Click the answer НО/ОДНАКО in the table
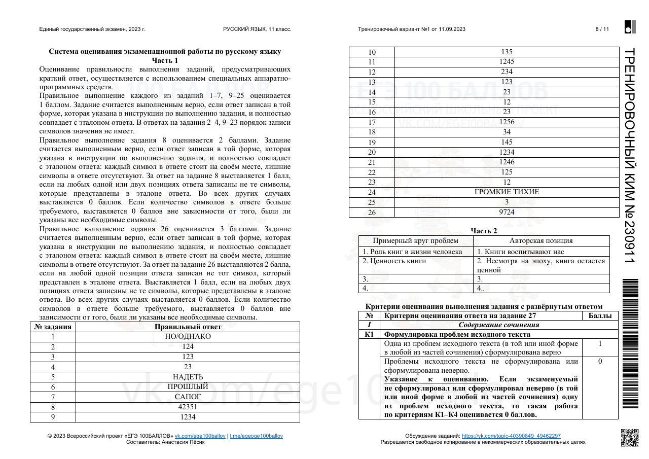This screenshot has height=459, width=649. click(x=188, y=336)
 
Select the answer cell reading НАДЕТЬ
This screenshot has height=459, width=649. click(x=188, y=377)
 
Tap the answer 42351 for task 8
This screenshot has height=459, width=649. click(x=188, y=407)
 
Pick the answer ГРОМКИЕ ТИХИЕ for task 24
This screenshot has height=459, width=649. click(x=507, y=192)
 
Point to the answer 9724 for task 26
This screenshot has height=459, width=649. click(x=507, y=212)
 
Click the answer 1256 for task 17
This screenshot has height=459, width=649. click(x=507, y=122)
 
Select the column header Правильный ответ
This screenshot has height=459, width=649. click(x=188, y=327)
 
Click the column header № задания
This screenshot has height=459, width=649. click(x=53, y=327)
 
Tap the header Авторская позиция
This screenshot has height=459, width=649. click(x=541, y=241)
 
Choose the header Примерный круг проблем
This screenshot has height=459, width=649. click(x=416, y=241)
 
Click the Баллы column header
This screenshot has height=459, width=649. click(x=600, y=315)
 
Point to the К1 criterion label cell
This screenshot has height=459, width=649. click(x=369, y=334)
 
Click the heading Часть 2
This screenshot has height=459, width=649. click(x=484, y=231)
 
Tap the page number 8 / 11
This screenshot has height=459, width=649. click(x=602, y=29)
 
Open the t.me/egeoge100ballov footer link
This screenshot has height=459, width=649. click(x=256, y=436)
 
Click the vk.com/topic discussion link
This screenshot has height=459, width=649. click(x=511, y=436)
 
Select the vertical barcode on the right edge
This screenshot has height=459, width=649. click(x=629, y=343)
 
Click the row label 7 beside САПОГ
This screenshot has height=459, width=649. click(x=53, y=397)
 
